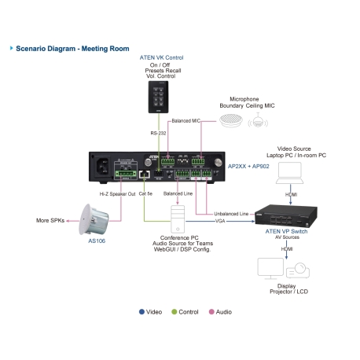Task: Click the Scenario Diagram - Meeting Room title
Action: [72, 48]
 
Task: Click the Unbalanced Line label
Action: [232, 214]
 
